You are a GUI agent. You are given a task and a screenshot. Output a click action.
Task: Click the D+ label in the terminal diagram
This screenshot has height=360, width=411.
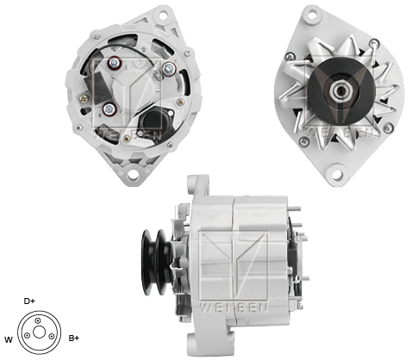[x=30, y=301]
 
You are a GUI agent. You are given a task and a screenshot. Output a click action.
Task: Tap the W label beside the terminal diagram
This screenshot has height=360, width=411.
[x=9, y=338]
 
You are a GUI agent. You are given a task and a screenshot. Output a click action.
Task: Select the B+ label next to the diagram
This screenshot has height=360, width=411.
[x=74, y=338]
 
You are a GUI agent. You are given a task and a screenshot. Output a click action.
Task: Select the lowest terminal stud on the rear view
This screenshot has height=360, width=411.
[x=112, y=109]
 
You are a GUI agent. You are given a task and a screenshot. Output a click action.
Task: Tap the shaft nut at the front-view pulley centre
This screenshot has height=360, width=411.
[x=334, y=88]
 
